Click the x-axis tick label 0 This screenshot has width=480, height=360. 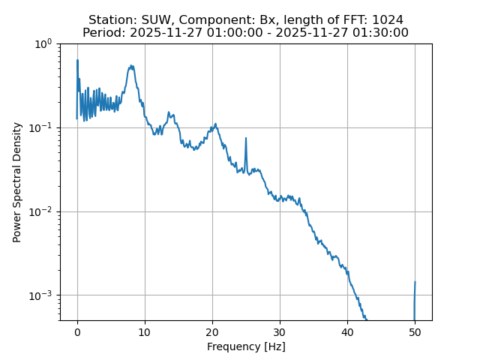point(77,331)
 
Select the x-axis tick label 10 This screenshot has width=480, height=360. point(145,331)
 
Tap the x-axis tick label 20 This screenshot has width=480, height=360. point(212,331)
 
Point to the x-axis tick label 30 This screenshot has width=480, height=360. point(280,331)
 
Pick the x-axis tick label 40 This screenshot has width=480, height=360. point(347,331)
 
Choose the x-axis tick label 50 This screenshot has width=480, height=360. point(415,331)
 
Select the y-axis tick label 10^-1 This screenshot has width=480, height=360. point(43,127)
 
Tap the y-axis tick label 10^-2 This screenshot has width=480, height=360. point(43,211)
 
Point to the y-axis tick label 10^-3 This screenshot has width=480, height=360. point(43,295)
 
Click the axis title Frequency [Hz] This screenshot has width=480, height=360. point(246,346)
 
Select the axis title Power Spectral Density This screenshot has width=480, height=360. point(17,182)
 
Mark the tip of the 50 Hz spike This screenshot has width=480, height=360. point(415,283)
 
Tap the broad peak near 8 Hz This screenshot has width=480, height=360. point(131,67)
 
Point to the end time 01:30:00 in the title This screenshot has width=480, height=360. point(381,33)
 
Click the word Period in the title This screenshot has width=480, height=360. point(100,33)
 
